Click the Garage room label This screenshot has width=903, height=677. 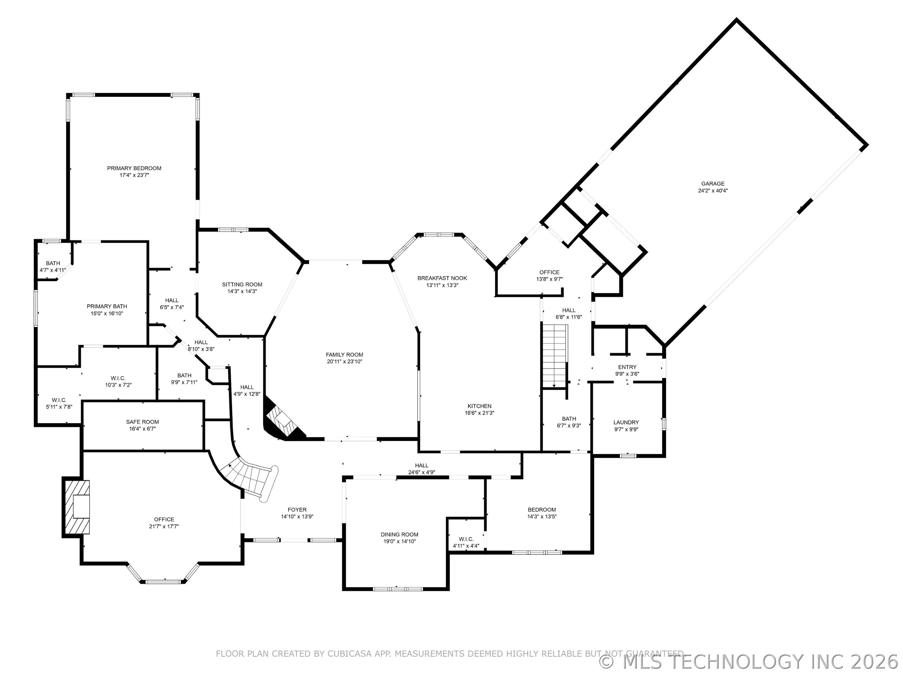tap(713, 184)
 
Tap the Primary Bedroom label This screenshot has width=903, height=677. tap(134, 168)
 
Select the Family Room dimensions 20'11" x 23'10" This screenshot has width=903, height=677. tap(344, 362)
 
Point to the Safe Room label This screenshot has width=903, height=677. tap(142, 422)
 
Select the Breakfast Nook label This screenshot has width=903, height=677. tap(442, 278)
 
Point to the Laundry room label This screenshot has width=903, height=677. tap(626, 422)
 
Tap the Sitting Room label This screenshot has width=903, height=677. tap(242, 284)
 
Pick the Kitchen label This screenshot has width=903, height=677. tap(480, 406)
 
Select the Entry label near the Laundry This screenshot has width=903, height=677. tap(627, 367)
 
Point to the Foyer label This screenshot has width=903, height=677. tap(297, 510)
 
